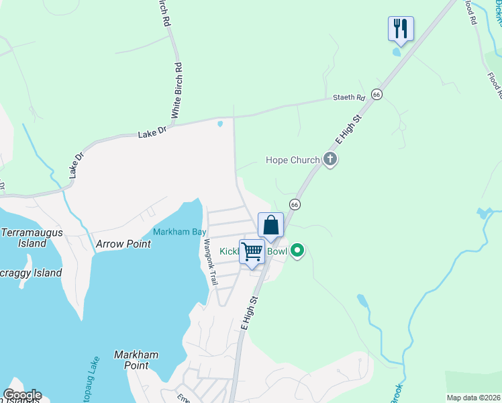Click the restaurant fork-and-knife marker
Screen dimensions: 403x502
pyautogui.click(x=401, y=28)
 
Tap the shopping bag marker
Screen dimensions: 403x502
pyautogui.click(x=270, y=225)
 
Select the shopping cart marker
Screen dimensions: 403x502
pyautogui.click(x=252, y=252)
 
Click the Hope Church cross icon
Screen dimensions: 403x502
pyautogui.click(x=330, y=159)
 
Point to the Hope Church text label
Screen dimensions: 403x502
pyautogui.click(x=292, y=160)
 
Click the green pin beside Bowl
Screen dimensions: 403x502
pyautogui.click(x=297, y=252)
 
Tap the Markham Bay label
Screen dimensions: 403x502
pyautogui.click(x=179, y=232)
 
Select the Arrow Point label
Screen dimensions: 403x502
pyautogui.click(x=123, y=244)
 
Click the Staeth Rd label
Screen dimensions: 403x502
pyautogui.click(x=349, y=98)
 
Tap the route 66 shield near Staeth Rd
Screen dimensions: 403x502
pyautogui.click(x=377, y=95)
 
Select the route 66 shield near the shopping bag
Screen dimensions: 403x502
pyautogui.click(x=294, y=204)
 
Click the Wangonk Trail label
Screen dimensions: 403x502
pyautogui.click(x=211, y=262)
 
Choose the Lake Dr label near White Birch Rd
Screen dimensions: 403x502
pyautogui.click(x=152, y=133)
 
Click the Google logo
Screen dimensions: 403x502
pyautogui.click(x=22, y=395)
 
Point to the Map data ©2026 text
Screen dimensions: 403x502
pyautogui.click(x=472, y=398)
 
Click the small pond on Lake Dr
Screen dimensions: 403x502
pyautogui.click(x=220, y=124)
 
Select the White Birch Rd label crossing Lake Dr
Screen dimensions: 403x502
pyautogui.click(x=177, y=91)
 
